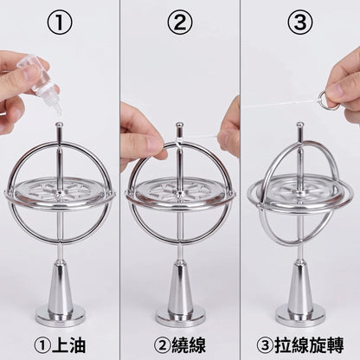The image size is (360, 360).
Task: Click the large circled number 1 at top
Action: pos(60,22)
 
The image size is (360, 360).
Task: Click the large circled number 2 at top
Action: pos(180,22)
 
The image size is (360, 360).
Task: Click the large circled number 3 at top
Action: pos(300,22)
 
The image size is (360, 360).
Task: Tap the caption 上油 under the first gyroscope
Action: pos(68,345)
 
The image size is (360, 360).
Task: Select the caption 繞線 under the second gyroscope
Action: pos(189,345)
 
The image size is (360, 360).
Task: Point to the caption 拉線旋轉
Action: pos(309,345)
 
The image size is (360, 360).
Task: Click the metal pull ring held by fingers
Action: pos(328,100)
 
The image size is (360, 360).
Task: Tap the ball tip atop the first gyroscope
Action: pos(59,125)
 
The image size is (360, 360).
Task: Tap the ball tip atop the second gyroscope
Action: pos(180,125)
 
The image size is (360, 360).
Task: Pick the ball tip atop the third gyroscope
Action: pos(300,125)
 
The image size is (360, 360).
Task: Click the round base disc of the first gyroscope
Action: pos(61,316)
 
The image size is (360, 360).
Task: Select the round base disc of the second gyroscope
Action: pos(181,316)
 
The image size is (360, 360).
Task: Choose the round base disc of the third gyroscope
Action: pos(301,316)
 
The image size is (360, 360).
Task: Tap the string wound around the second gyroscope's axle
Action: pos(179,141)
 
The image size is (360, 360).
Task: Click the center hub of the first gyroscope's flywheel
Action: pos(59,193)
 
